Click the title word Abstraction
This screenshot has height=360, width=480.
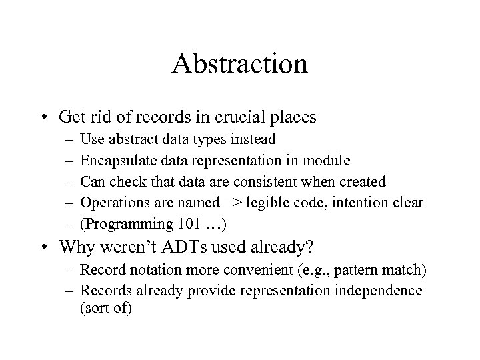coord(239,64)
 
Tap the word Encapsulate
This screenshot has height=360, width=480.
coord(113,161)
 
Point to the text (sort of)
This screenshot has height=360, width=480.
coord(106,308)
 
